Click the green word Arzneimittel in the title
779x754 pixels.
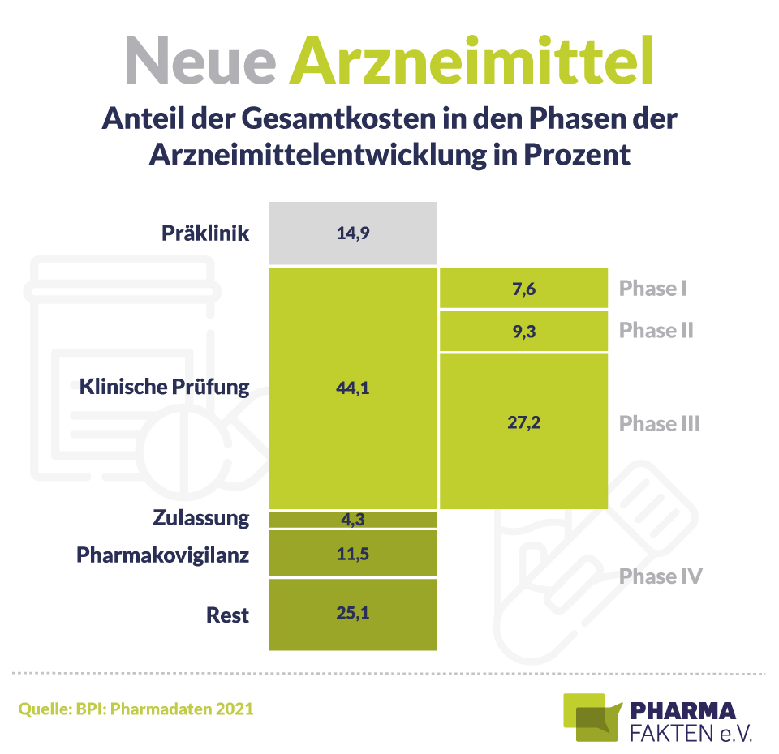point(473,62)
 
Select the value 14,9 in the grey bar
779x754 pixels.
point(352,233)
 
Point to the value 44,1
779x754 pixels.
point(352,388)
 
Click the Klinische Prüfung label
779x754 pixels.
point(165,387)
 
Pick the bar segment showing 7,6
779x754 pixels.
point(523,289)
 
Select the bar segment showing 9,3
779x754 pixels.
point(523,331)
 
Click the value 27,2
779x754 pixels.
point(523,423)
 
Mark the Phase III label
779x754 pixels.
point(659,423)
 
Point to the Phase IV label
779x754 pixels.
point(660,576)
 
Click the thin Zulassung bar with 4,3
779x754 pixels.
point(352,519)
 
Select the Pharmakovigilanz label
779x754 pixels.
point(162,555)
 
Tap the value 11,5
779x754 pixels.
point(352,555)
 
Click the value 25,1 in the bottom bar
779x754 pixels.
point(352,614)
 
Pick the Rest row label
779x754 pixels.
point(227,615)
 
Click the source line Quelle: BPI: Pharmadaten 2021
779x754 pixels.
point(136,709)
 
